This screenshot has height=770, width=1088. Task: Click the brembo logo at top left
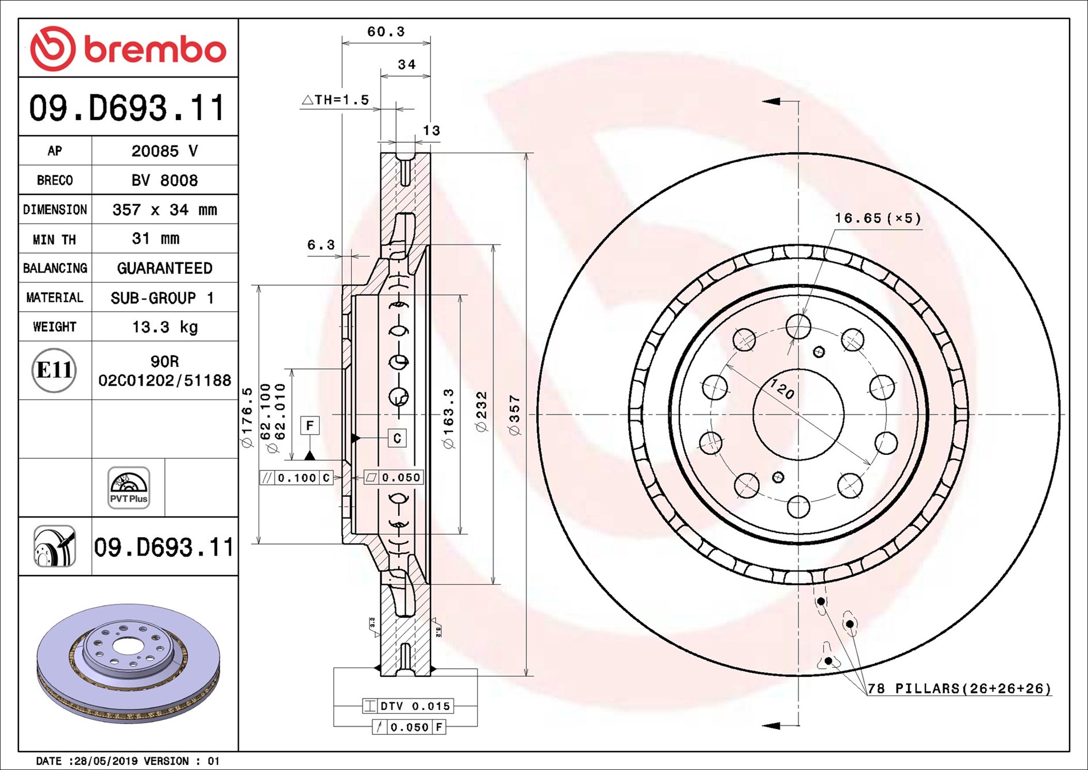pyautogui.click(x=128, y=49)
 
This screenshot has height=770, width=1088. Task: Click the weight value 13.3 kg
pyautogui.click(x=164, y=327)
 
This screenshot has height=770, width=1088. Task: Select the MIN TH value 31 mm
pyautogui.click(x=156, y=239)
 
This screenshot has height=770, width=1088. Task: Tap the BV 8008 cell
pyautogui.click(x=164, y=181)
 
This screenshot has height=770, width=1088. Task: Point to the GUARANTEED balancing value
pyautogui.click(x=164, y=269)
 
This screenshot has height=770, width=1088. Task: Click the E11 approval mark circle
pyautogui.click(x=54, y=370)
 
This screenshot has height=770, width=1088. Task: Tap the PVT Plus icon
pyautogui.click(x=129, y=488)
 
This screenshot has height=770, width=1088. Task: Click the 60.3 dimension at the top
pyautogui.click(x=386, y=32)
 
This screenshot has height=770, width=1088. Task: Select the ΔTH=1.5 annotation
pyautogui.click(x=335, y=100)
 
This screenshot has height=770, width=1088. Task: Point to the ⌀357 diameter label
pyautogui.click(x=514, y=415)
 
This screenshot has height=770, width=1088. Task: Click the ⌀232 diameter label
pyautogui.click(x=482, y=411)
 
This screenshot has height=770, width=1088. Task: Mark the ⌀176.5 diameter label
pyautogui.click(x=247, y=417)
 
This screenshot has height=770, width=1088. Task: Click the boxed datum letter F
pyautogui.click(x=310, y=426)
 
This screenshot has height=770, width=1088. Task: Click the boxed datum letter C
pyautogui.click(x=397, y=438)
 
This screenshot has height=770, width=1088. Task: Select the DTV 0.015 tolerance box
pyautogui.click(x=408, y=706)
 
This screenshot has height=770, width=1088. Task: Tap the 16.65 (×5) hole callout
pyautogui.click(x=878, y=219)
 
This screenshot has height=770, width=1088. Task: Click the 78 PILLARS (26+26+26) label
pyautogui.click(x=959, y=688)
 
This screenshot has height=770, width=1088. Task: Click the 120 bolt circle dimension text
pyautogui.click(x=782, y=390)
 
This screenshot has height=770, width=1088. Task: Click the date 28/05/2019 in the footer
pyautogui.click(x=106, y=761)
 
